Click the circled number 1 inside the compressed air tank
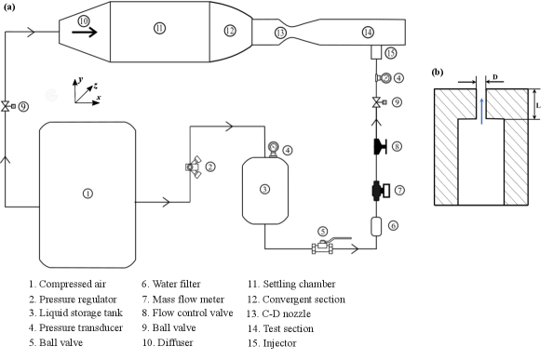(88, 193)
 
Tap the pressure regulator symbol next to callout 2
(194, 167)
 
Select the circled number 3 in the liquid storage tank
(264, 189)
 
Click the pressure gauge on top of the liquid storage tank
(273, 148)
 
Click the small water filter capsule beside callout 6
(376, 226)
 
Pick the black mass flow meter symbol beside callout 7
(380, 191)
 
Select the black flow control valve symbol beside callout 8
(380, 147)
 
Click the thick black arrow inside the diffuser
(85, 33)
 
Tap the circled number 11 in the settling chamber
(160, 28)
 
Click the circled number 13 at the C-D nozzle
(280, 33)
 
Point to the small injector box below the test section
(376, 52)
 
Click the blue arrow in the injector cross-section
(481, 111)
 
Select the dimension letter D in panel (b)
(495, 77)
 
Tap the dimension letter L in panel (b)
(538, 105)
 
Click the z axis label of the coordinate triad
(95, 86)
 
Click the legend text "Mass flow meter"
(188, 300)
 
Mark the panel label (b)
(438, 73)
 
